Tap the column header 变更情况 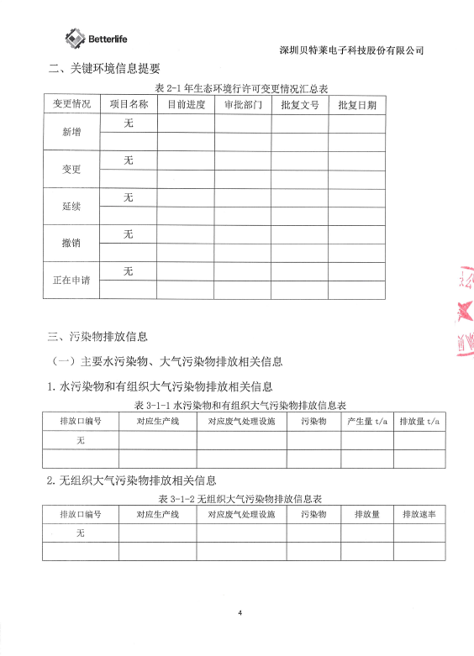(71, 104)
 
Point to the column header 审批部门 (243, 105)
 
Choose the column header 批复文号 (299, 105)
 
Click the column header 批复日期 (356, 105)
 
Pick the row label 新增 (71, 133)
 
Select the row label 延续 (71, 207)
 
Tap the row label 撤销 (71, 244)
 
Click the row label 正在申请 (71, 281)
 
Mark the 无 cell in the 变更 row (129, 160)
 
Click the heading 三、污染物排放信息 (97, 337)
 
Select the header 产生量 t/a (366, 420)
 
